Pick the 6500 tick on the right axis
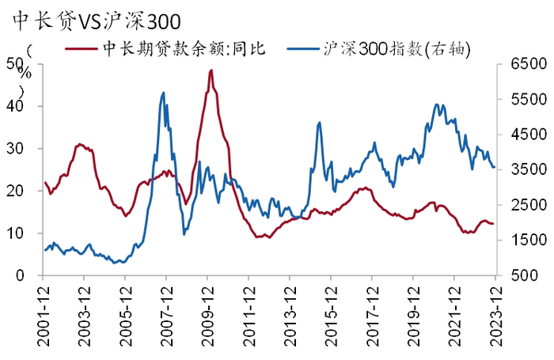coord(519,65)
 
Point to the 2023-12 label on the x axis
coord(495,313)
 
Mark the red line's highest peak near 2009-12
coord(211,70)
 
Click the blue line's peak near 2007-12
coord(163,93)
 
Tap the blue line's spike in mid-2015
coord(320,123)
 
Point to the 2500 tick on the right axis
coord(519,205)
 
